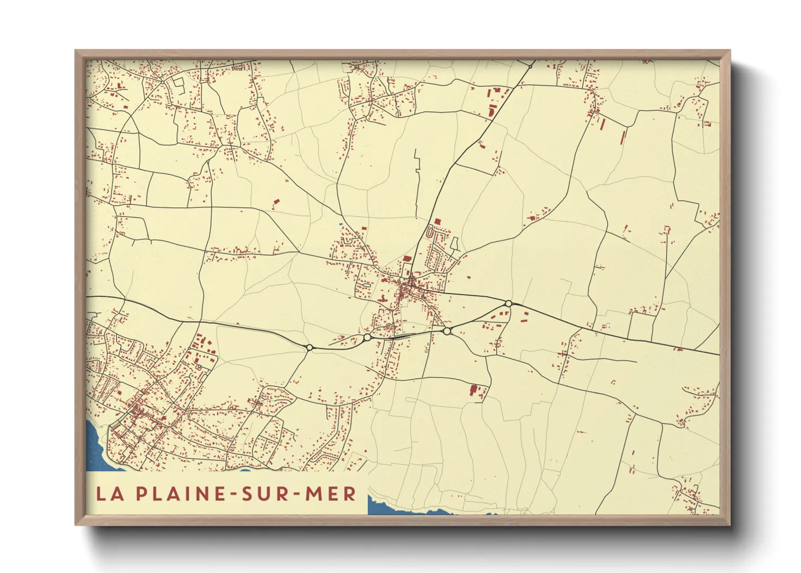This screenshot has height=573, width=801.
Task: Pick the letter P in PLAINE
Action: point(141,493)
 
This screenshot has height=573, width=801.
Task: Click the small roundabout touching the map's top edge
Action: point(530,66)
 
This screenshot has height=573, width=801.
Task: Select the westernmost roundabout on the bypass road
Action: point(310,347)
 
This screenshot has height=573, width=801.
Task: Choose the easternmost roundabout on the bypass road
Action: point(508,303)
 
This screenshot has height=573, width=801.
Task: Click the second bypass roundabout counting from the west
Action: point(367,337)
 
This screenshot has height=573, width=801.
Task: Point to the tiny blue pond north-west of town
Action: point(340,224)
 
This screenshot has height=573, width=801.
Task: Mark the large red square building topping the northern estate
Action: point(437,222)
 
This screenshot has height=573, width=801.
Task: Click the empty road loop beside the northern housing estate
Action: point(455,244)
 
